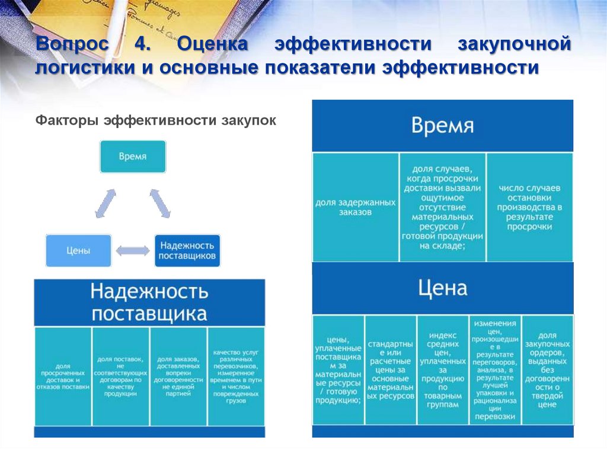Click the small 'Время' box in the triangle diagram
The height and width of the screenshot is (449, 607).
coord(133,157)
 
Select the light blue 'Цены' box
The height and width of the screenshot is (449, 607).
coord(78,250)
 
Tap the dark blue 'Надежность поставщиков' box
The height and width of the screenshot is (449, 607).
coord(187,250)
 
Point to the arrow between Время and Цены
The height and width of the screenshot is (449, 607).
coord(106,203)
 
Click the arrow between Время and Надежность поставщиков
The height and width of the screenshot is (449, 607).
coord(160,203)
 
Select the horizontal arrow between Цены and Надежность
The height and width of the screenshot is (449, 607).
coord(133,251)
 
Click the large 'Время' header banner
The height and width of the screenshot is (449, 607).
coord(442,126)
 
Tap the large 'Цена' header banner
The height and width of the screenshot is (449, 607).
coord(442,289)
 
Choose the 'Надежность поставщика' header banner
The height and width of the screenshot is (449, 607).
coord(149,302)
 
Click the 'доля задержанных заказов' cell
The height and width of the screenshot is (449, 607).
coord(355,207)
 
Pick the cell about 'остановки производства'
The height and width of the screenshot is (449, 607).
coord(529,207)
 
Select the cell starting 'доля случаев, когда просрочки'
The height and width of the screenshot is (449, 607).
coord(442,207)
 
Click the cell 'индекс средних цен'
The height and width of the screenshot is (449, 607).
coord(442,370)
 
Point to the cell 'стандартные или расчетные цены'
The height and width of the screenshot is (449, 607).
coord(390,370)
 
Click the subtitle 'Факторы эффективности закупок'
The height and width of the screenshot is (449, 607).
coord(155,120)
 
